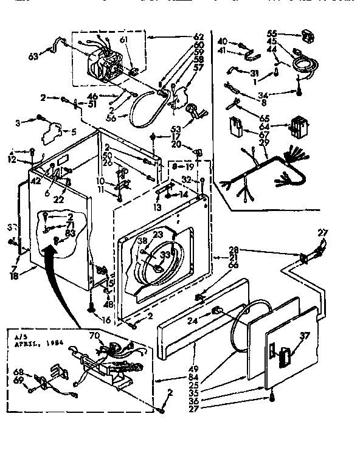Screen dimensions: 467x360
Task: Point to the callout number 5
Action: [x=73, y=131]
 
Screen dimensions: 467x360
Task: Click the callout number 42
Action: [x=36, y=180]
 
